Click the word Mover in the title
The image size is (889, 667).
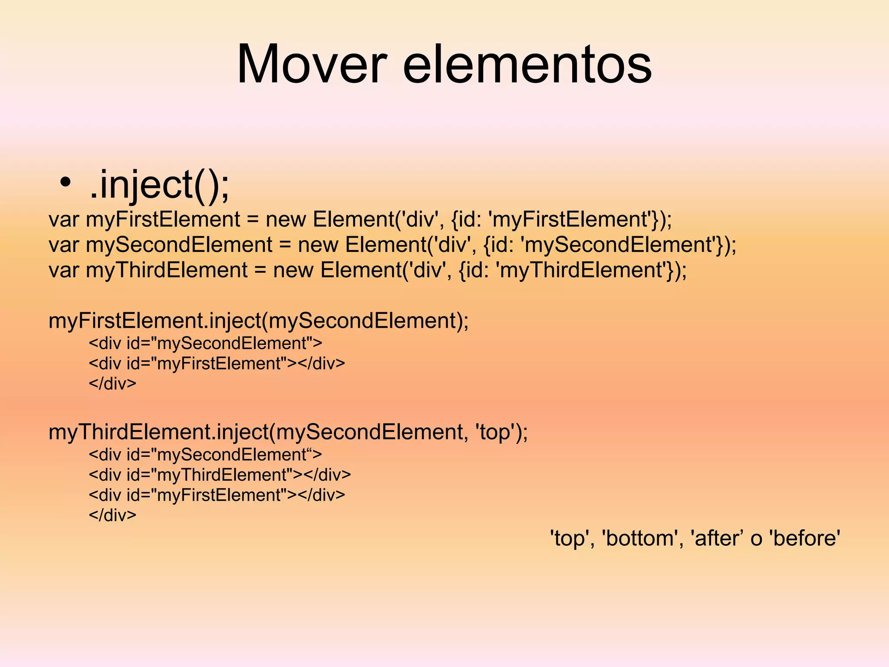pyautogui.click(x=311, y=64)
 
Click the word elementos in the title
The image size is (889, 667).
pyautogui.click(x=527, y=64)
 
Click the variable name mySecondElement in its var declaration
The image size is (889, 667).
pyautogui.click(x=179, y=244)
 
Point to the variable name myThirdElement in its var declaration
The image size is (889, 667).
pyautogui.click(x=166, y=270)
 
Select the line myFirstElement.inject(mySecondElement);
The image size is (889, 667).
pyautogui.click(x=259, y=321)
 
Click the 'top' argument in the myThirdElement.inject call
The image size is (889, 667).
pyautogui.click(x=496, y=432)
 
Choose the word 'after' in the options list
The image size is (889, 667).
pyautogui.click(x=717, y=538)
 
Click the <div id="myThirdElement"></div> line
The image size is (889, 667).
pyautogui.click(x=220, y=475)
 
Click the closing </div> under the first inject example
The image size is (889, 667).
pyautogui.click(x=112, y=383)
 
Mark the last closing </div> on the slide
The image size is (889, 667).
pyautogui.click(x=112, y=515)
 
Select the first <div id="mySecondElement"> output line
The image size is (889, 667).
pyautogui.click(x=205, y=343)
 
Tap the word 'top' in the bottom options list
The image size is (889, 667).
pyautogui.click(x=569, y=538)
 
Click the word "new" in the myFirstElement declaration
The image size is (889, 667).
pyautogui.click(x=286, y=219)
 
